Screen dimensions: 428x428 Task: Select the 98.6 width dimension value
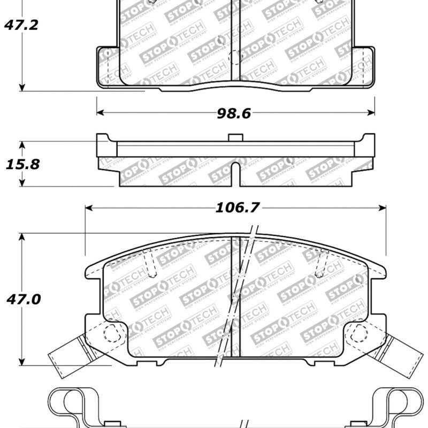point(234,113)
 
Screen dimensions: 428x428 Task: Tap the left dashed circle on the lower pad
point(111,334)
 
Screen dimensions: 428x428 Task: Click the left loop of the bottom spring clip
point(67,404)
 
